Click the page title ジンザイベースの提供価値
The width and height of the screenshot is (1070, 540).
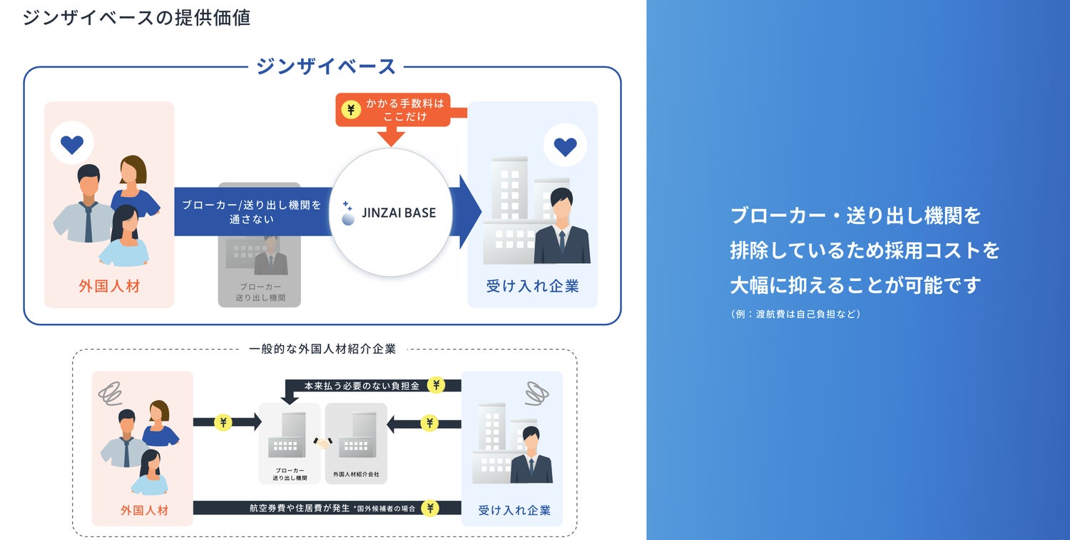pyautogui.click(x=136, y=17)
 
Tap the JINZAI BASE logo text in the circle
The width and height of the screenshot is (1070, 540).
pyautogui.click(x=398, y=213)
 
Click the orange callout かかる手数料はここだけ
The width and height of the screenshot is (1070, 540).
pyautogui.click(x=404, y=110)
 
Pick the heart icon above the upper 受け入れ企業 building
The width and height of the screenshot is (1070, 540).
pyautogui.click(x=565, y=146)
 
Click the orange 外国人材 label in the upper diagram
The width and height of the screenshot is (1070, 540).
pyautogui.click(x=109, y=287)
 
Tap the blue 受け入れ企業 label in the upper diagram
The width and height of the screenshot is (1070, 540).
pyautogui.click(x=532, y=287)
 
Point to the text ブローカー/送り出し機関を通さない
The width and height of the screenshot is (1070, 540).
pyautogui.click(x=252, y=212)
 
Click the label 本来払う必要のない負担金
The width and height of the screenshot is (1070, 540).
pyautogui.click(x=362, y=386)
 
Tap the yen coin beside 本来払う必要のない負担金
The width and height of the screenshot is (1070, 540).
pyautogui.click(x=437, y=385)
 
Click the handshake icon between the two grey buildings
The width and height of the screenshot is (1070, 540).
pyautogui.click(x=323, y=443)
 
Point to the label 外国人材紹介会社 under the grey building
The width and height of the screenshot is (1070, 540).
pyautogui.click(x=356, y=474)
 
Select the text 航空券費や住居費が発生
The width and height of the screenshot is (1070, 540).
pyautogui.click(x=300, y=508)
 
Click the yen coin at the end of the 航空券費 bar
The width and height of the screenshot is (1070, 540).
pyautogui.click(x=429, y=508)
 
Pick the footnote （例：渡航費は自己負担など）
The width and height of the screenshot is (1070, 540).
pyautogui.click(x=795, y=314)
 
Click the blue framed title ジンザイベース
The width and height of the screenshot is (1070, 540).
pyautogui.click(x=325, y=66)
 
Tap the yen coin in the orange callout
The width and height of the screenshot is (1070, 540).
pyautogui.click(x=350, y=110)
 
